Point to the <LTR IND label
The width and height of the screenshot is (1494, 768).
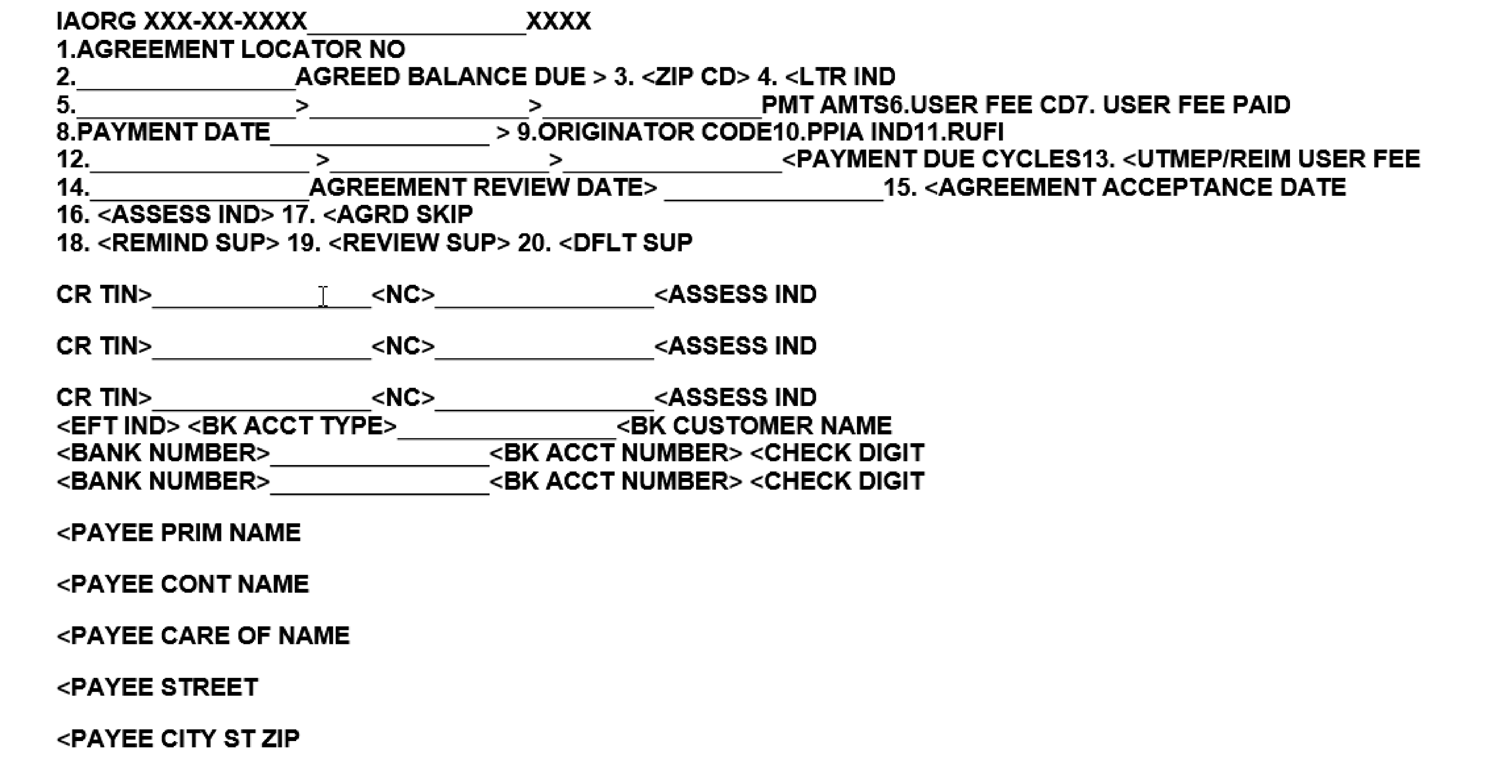pyautogui.click(x=840, y=77)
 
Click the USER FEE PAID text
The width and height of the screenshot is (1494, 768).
pyautogui.click(x=1196, y=105)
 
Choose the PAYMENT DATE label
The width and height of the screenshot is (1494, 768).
pyautogui.click(x=173, y=132)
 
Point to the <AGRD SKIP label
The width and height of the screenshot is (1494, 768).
pyautogui.click(x=398, y=215)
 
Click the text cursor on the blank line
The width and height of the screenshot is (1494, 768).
pyautogui.click(x=323, y=296)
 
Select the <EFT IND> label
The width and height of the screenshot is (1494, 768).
pyautogui.click(x=118, y=426)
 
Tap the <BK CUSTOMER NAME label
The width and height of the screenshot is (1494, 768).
pyautogui.click(x=754, y=426)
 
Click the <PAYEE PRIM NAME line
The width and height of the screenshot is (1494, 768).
pyautogui.click(x=179, y=533)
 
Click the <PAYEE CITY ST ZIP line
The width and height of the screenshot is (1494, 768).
pyautogui.click(x=178, y=738)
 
